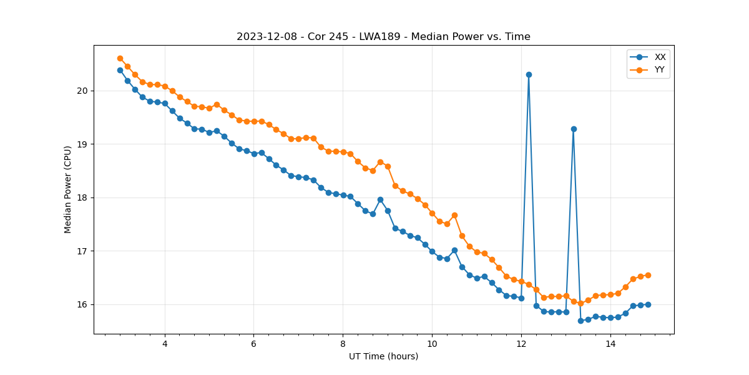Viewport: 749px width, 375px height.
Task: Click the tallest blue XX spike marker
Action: pyautogui.click(x=529, y=74)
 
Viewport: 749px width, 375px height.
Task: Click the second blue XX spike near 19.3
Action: pyautogui.click(x=574, y=129)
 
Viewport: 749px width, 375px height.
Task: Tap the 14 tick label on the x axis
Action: pyautogui.click(x=610, y=344)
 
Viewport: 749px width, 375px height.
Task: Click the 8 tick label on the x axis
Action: pyautogui.click(x=343, y=344)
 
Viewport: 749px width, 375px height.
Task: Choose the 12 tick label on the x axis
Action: pyautogui.click(x=521, y=344)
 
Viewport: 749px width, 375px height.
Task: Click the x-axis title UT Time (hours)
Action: pyautogui.click(x=383, y=356)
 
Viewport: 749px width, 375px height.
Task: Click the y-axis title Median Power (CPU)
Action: pyautogui.click(x=68, y=189)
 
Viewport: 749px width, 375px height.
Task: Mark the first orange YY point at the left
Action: pyautogui.click(x=120, y=58)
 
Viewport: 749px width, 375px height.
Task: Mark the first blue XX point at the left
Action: pyautogui.click(x=120, y=70)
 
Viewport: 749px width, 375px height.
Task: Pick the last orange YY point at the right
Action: pyautogui.click(x=648, y=275)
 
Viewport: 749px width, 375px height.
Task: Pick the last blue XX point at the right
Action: pyautogui.click(x=648, y=304)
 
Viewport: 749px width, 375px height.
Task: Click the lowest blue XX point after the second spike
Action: pyautogui.click(x=580, y=321)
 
